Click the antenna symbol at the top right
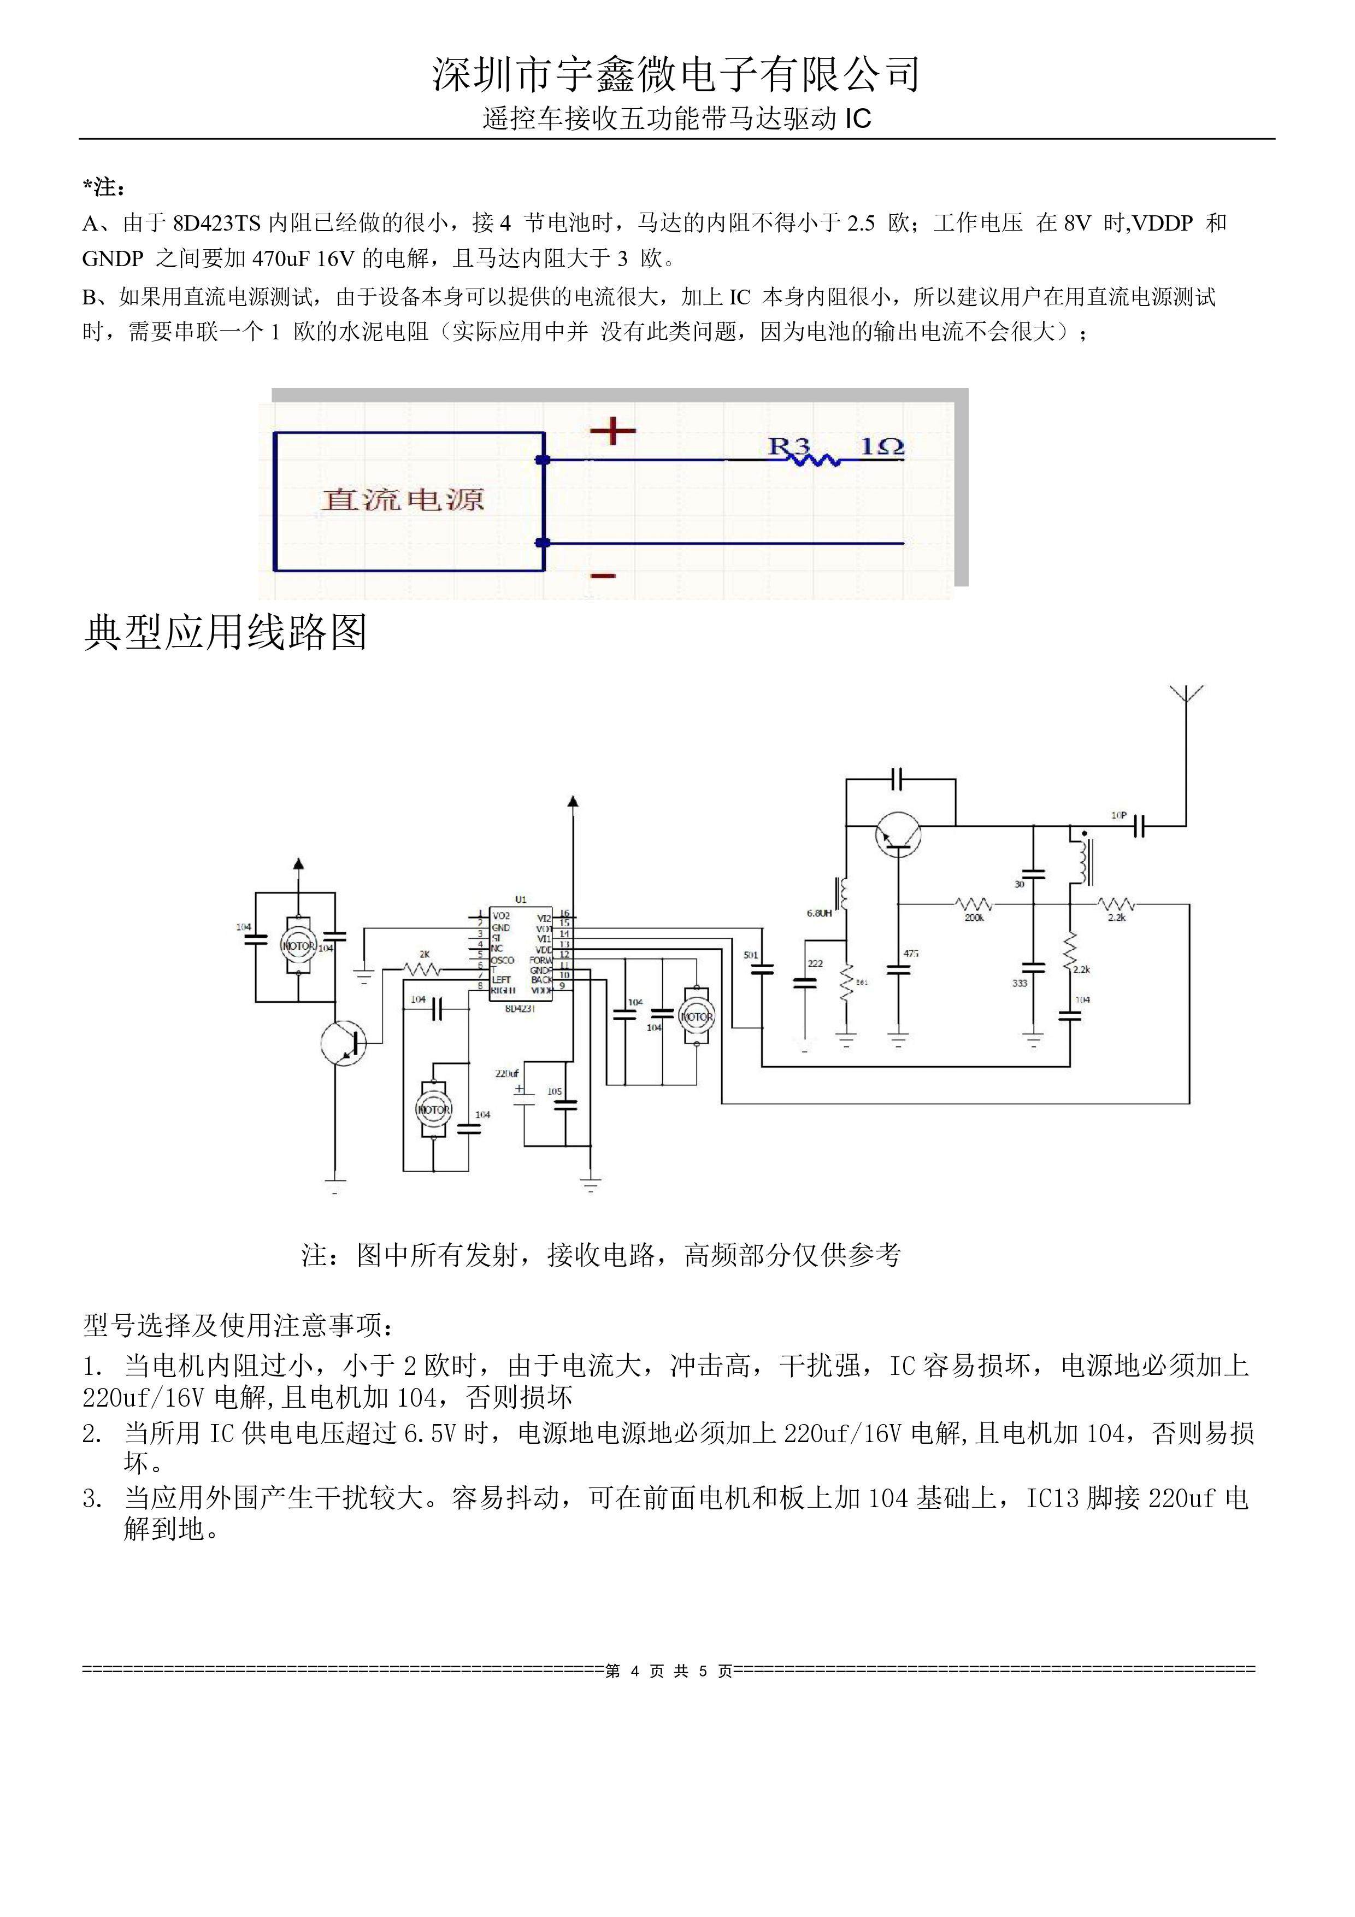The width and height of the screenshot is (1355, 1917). (x=1186, y=695)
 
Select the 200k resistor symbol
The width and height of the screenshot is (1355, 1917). (x=974, y=904)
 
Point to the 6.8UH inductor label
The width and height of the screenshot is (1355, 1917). (x=819, y=913)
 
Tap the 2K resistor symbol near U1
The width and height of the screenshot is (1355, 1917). (x=422, y=969)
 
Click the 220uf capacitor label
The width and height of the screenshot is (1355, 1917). (x=507, y=1074)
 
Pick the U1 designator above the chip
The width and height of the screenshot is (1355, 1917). (x=521, y=900)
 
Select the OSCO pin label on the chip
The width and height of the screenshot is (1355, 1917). (x=503, y=960)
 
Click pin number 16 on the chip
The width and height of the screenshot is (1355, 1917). (x=564, y=913)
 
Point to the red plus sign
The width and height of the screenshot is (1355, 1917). (x=613, y=431)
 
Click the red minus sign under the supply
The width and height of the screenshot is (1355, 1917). (x=603, y=575)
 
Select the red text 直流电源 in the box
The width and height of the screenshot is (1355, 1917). (x=403, y=499)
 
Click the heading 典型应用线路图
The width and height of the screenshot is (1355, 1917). (x=226, y=632)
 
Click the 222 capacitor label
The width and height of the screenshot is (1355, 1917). (x=816, y=963)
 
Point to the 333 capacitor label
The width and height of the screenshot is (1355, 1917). (x=1020, y=984)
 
